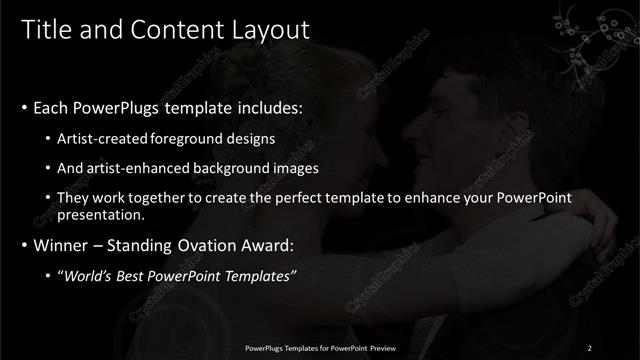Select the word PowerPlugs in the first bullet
pyautogui.click(x=112, y=106)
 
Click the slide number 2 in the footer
pyautogui.click(x=590, y=347)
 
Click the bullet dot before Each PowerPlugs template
pyautogui.click(x=24, y=107)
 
